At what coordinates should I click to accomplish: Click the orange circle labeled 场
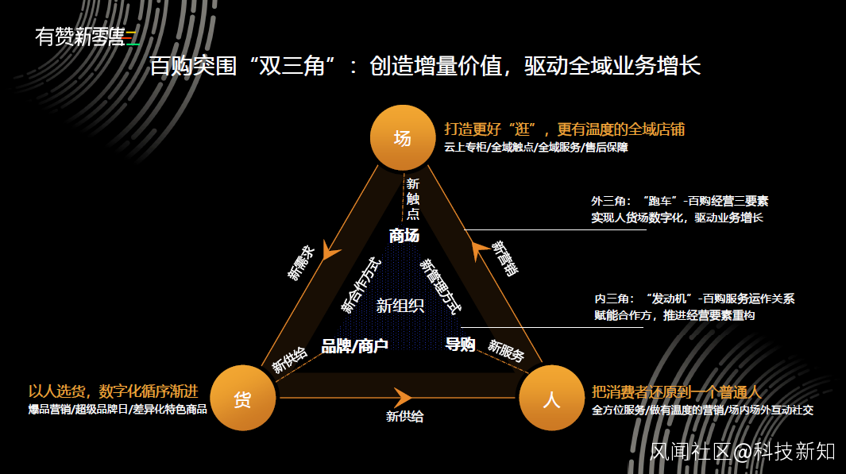(403, 138)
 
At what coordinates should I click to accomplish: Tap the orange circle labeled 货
(242, 399)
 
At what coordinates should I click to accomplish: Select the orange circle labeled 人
(551, 399)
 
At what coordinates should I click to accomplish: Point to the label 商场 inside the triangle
(404, 236)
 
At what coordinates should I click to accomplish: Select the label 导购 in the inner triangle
(460, 345)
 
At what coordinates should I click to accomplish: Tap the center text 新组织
(400, 306)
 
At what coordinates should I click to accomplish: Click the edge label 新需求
(301, 263)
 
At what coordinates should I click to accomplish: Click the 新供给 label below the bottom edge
(405, 416)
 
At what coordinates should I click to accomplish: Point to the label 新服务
(506, 351)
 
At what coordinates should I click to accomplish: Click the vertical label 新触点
(413, 198)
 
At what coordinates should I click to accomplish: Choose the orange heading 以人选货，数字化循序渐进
(113, 391)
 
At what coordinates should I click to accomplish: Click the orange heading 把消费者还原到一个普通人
(677, 392)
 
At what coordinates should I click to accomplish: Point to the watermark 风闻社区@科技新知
(742, 452)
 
